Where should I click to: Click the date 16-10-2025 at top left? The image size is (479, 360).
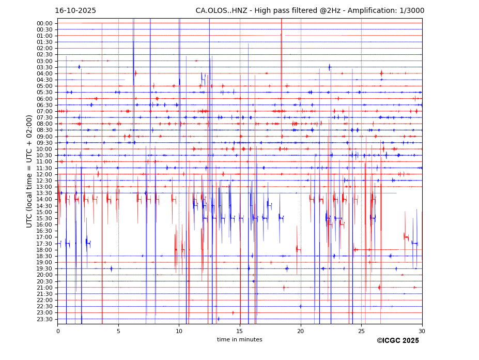pyautogui.click(x=75, y=11)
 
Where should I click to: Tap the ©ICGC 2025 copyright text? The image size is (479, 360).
pyautogui.click(x=397, y=341)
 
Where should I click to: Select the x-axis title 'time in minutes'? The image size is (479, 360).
pyautogui.click(x=239, y=340)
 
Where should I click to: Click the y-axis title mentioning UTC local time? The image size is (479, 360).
pyautogui.click(x=29, y=171)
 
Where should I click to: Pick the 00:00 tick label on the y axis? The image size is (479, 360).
pyautogui.click(x=44, y=23)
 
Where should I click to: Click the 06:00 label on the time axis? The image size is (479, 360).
pyautogui.click(x=44, y=99)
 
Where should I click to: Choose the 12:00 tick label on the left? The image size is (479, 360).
pyautogui.click(x=44, y=174)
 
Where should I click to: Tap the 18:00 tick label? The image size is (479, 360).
pyautogui.click(x=44, y=250)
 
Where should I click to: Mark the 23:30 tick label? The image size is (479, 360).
pyautogui.click(x=44, y=319)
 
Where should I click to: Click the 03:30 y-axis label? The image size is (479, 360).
pyautogui.click(x=44, y=67)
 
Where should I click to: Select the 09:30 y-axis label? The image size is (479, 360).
pyautogui.click(x=44, y=143)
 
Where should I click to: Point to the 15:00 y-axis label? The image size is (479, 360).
pyautogui.click(x=44, y=212)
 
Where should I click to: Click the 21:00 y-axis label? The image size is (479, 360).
pyautogui.click(x=44, y=288)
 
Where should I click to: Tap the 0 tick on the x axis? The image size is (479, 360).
pyautogui.click(x=58, y=331)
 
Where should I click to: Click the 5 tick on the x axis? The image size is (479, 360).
pyautogui.click(x=118, y=331)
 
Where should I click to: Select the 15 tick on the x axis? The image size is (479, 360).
pyautogui.click(x=240, y=331)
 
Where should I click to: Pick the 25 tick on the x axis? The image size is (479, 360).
pyautogui.click(x=361, y=331)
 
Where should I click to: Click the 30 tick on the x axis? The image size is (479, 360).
pyautogui.click(x=422, y=331)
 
